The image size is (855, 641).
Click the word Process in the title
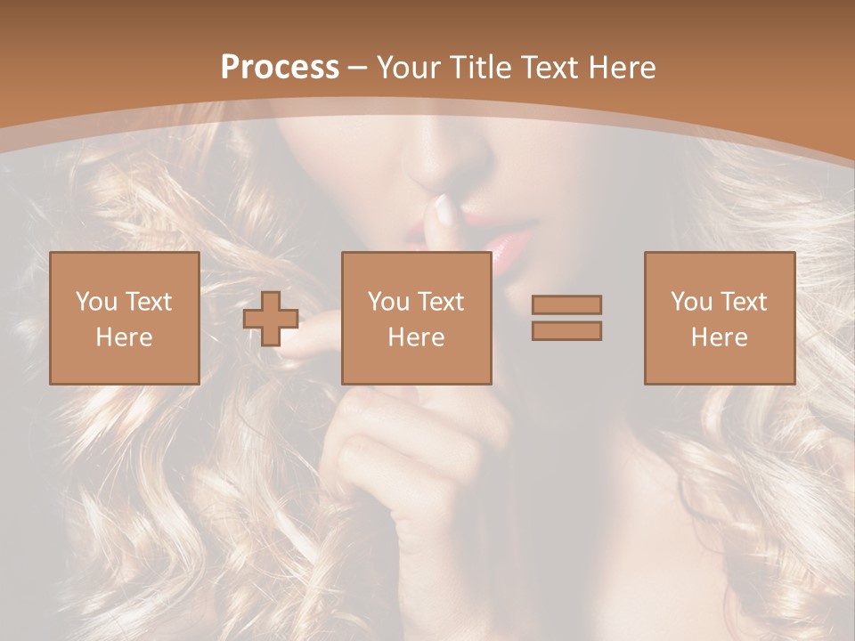pos(280,68)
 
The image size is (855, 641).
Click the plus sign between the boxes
pos(271,319)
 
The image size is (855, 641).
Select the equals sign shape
pos(566,318)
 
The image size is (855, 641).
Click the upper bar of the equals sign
pos(566,305)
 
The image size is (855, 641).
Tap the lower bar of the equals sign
pos(566,330)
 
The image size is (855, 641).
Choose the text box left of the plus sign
pos(124,318)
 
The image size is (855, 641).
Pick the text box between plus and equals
pos(416,318)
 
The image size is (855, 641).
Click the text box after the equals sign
pos(719,318)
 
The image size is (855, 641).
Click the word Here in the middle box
pos(416,337)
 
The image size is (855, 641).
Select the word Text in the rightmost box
pos(745,302)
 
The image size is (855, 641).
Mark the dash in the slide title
pos(358,68)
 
